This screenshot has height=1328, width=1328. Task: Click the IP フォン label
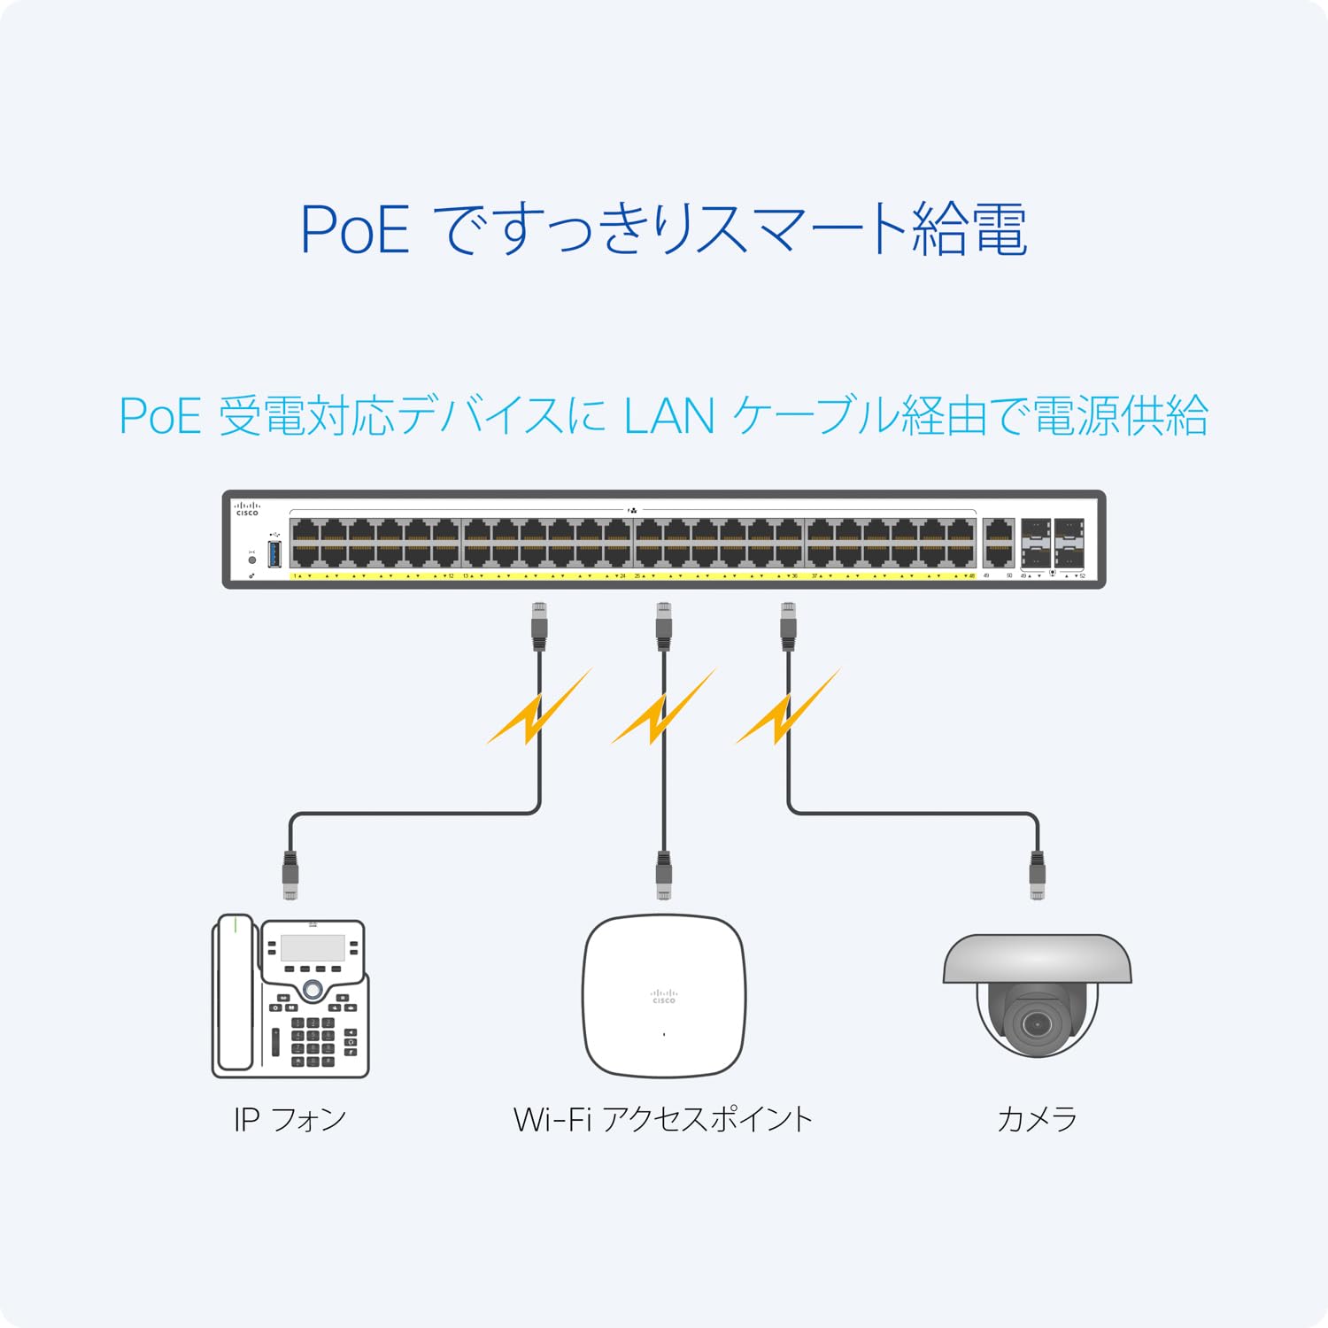pos(290,1119)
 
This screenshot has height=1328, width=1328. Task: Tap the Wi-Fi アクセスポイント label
pos(662,1119)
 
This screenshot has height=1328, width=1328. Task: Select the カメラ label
pos(1037,1119)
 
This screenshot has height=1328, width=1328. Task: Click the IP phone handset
pos(234,996)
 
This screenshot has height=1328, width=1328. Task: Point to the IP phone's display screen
pos(313,947)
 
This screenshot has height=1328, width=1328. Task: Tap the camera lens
pos(1036,1024)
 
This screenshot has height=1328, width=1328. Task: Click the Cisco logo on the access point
pos(664,996)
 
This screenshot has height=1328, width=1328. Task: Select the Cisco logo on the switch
pos(247,509)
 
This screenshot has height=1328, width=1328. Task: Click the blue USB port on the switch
pos(274,553)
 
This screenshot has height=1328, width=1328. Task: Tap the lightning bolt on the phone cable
pos(538,708)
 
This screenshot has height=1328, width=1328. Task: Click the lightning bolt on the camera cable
pos(787,708)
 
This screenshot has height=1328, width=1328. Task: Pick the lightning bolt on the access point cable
pos(662,708)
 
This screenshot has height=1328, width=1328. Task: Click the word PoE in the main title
pos(355,230)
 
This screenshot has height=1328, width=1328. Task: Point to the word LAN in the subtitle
pos(668,416)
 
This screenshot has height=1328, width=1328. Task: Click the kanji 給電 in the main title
pos(969,230)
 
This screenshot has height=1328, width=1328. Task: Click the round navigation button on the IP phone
pos(313,988)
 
